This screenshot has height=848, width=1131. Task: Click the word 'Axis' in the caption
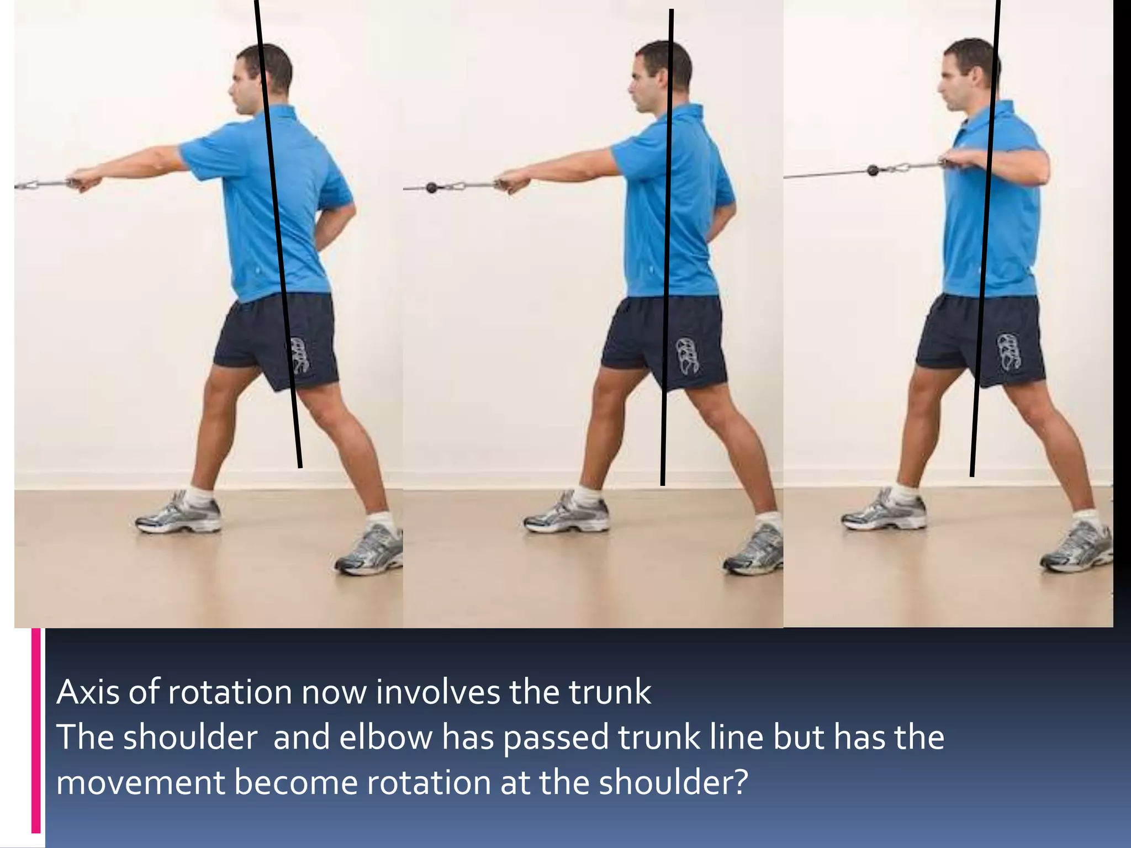point(88,692)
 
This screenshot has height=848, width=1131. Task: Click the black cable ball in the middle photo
point(431,187)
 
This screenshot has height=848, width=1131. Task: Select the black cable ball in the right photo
point(873,170)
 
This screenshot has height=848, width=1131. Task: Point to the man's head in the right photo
point(970,72)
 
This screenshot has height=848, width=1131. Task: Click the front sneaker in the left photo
point(178,514)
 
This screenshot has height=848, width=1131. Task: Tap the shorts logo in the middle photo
point(687,357)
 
